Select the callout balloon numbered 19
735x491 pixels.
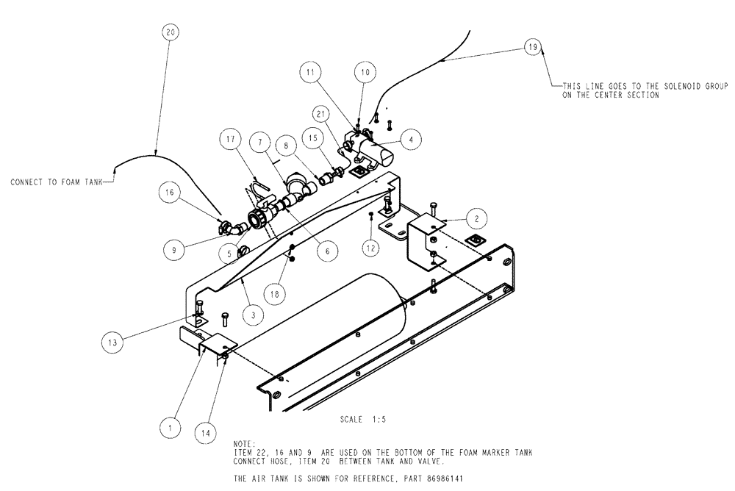(534, 47)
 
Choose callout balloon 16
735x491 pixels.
(170, 193)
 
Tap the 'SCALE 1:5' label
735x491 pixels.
(363, 420)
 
